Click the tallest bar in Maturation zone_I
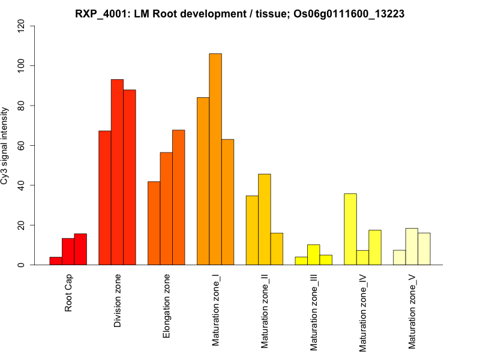tap(215, 159)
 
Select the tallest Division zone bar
tap(117, 172)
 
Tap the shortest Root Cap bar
tap(56, 261)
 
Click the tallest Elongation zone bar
tap(178, 197)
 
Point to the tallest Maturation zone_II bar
tap(264, 220)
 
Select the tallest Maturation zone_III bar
tap(313, 255)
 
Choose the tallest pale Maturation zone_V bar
tap(412, 247)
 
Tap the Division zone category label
tap(118, 301)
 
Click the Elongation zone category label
tap(167, 306)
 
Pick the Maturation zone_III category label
tap(314, 312)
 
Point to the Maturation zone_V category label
tap(412, 311)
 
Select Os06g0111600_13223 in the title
tap(349, 14)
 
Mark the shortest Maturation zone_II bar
tap(277, 249)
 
